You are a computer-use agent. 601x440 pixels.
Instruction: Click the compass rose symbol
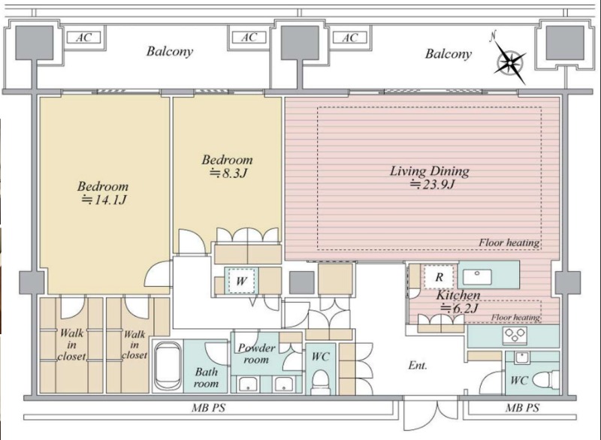click(510, 61)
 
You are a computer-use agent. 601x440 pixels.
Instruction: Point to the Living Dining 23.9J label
click(430, 177)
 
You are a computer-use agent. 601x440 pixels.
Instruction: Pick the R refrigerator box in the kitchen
click(439, 277)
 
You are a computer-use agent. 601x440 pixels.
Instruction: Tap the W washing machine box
click(241, 280)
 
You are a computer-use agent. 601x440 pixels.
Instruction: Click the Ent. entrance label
click(418, 366)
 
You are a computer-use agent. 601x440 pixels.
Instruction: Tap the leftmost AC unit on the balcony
click(83, 38)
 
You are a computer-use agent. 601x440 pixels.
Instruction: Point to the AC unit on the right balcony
click(349, 38)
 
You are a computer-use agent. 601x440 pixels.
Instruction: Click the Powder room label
click(256, 354)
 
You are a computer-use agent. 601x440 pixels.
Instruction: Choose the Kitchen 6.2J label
click(458, 301)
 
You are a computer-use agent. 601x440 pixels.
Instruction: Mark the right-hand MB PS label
click(522, 408)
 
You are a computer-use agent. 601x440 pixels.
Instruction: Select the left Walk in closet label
click(71, 345)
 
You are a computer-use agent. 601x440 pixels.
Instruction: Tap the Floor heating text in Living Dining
click(509, 243)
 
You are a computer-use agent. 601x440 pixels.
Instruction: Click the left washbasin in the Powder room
click(248, 384)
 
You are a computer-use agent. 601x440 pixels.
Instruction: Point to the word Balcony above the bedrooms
click(170, 51)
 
